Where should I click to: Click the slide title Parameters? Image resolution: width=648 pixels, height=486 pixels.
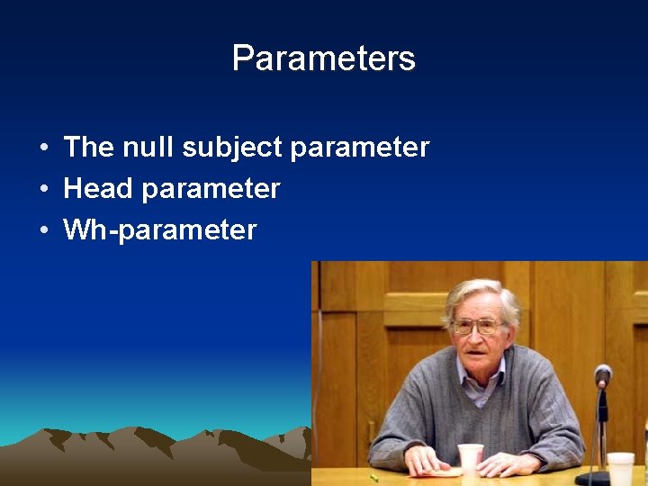click(323, 58)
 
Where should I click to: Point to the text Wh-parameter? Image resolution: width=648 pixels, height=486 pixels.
click(159, 229)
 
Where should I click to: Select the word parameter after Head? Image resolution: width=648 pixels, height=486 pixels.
click(211, 190)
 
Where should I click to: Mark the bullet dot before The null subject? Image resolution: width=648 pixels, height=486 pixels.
click(43, 148)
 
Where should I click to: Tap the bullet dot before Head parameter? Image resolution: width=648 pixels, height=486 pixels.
click(43, 189)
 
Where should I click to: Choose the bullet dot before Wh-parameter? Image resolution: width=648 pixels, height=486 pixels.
click(43, 230)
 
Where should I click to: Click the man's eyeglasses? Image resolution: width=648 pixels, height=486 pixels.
click(477, 326)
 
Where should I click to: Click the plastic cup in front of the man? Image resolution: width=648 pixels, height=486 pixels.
click(470, 458)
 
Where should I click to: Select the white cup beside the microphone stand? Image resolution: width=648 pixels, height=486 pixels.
click(620, 468)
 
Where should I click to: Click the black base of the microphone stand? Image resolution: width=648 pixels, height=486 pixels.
click(594, 478)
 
